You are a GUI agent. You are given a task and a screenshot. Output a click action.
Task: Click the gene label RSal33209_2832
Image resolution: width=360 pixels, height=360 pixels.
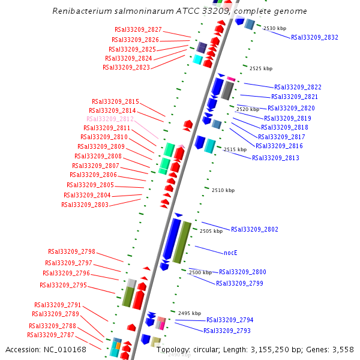click(x=314, y=37)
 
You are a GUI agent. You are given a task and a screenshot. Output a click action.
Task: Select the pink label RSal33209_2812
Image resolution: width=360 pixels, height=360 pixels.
click(x=110, y=119)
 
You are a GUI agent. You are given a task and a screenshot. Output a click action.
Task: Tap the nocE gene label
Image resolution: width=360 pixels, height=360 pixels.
click(x=231, y=253)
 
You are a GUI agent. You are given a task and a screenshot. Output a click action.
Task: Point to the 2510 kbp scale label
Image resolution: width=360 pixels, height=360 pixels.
click(x=223, y=190)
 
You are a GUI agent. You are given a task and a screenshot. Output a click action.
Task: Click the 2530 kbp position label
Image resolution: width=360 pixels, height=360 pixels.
click(x=275, y=28)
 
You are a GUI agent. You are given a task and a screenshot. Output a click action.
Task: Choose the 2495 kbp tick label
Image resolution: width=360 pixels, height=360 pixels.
click(x=190, y=313)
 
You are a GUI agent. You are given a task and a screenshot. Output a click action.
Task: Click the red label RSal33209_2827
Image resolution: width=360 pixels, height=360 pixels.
click(x=138, y=29)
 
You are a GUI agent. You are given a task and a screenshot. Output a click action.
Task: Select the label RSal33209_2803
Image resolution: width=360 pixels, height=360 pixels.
click(x=85, y=205)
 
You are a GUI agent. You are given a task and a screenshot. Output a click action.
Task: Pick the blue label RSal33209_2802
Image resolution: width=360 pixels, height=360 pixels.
click(x=254, y=229)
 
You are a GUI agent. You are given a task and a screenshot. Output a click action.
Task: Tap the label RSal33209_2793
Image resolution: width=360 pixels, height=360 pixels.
click(x=227, y=331)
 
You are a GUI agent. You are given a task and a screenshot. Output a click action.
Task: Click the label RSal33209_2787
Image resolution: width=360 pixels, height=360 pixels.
click(x=50, y=335)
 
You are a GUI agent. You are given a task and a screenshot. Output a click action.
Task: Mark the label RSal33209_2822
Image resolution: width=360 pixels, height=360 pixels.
click(x=298, y=87)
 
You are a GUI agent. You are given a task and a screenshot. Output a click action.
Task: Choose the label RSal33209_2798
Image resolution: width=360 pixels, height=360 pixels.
click(x=71, y=251)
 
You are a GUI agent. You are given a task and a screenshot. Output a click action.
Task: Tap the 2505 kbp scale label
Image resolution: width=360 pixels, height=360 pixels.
click(x=211, y=231)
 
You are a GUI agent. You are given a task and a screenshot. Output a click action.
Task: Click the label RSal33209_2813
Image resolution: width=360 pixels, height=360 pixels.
click(x=275, y=158)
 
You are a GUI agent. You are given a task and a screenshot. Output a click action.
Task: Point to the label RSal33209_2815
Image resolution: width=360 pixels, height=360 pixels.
click(x=115, y=101)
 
